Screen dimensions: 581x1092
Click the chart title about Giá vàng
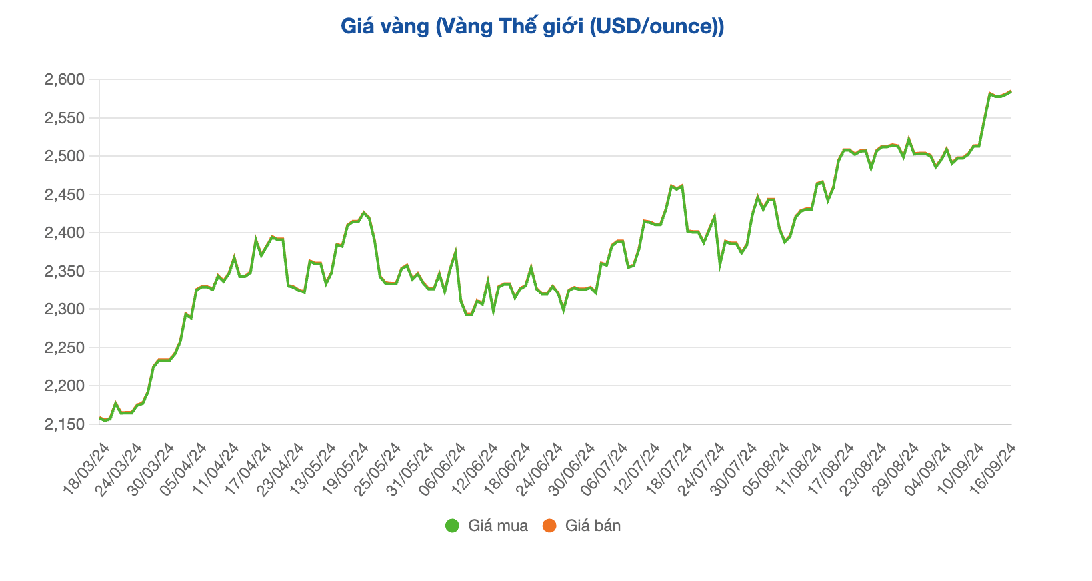(532, 27)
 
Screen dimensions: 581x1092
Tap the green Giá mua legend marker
(453, 526)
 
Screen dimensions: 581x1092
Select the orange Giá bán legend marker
(549, 526)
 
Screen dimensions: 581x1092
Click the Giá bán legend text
(593, 526)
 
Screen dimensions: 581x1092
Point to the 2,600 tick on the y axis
(65, 80)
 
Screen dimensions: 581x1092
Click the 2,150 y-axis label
(65, 424)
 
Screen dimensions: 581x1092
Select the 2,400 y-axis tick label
(65, 233)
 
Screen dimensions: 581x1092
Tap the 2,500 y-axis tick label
(65, 157)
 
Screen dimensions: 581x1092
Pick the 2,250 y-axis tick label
(65, 348)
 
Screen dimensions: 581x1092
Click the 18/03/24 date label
(87, 469)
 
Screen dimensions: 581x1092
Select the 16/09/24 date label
(993, 469)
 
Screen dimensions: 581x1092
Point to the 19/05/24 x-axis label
(345, 469)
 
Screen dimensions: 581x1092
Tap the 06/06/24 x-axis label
(443, 469)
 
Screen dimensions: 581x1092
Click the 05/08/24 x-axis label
(766, 469)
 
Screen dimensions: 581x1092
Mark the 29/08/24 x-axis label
(895, 469)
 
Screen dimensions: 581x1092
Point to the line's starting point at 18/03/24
(100, 418)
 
